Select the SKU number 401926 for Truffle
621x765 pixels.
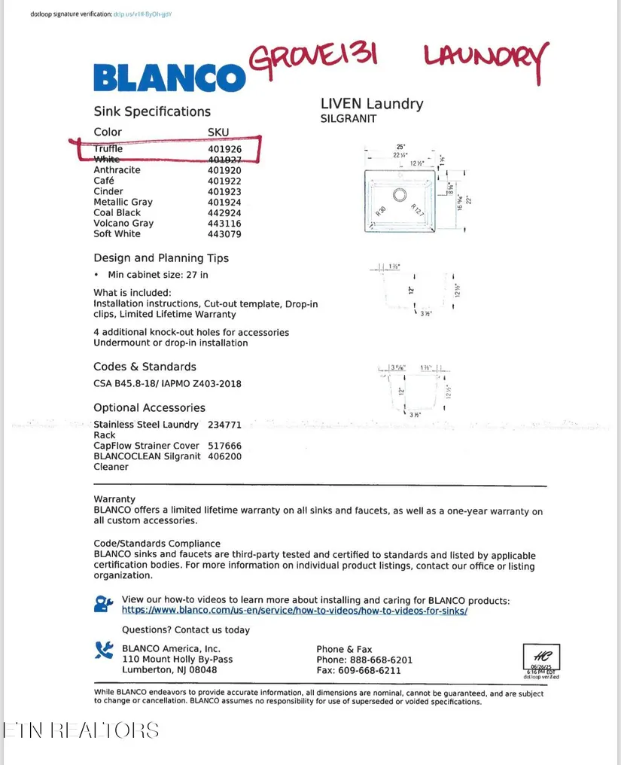point(225,149)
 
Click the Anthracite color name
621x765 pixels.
point(117,170)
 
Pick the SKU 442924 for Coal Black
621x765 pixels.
point(225,213)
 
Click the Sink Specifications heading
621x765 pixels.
point(152,111)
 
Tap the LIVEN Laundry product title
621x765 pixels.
point(372,104)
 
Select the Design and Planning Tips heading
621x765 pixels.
point(161,258)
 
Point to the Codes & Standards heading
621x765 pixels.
point(145,367)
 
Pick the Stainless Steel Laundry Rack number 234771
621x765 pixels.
point(225,425)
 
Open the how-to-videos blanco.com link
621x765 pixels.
point(294,611)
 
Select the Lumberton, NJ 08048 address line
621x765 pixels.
point(169,670)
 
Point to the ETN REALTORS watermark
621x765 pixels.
point(81,730)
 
